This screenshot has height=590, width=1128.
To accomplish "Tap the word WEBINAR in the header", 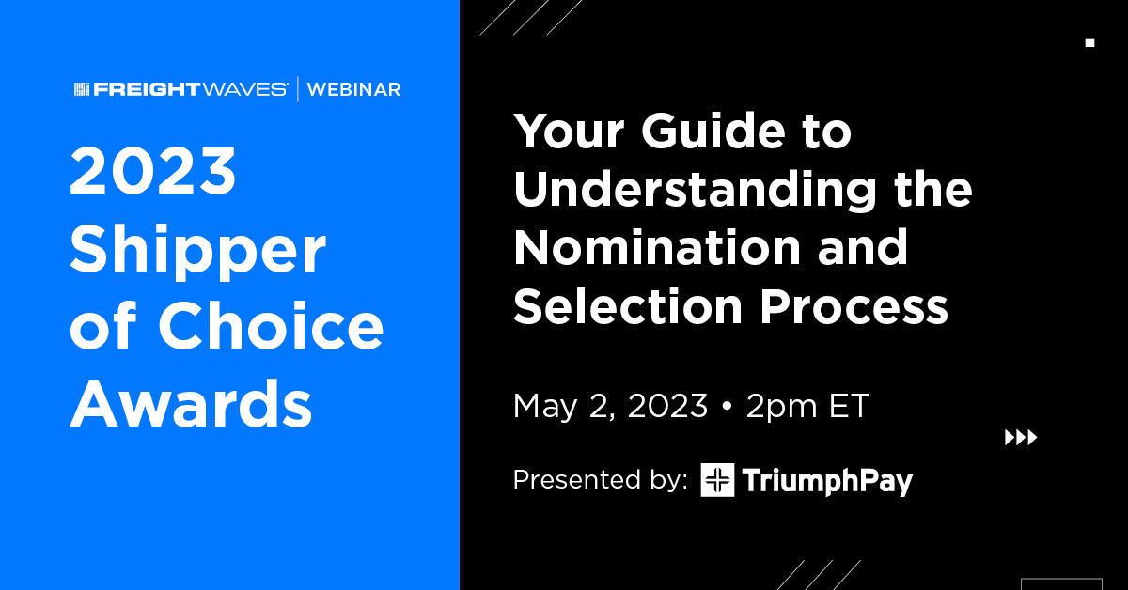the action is [354, 89].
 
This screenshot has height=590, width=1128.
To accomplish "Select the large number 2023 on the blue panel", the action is [152, 171].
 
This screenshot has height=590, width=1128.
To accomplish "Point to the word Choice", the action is [274, 325].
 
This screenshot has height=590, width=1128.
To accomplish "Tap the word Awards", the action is [191, 403].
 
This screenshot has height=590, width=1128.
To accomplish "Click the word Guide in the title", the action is [713, 131].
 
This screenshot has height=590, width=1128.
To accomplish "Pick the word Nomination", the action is [657, 247].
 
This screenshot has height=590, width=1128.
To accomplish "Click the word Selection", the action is [628, 305].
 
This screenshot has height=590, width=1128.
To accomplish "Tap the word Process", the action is [854, 306].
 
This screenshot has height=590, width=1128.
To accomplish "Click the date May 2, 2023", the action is [610, 406].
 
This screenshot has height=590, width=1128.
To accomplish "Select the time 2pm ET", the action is [807, 406].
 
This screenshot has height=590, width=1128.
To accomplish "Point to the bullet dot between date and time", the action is [727, 406].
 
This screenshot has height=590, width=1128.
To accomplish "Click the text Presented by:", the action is [601, 479].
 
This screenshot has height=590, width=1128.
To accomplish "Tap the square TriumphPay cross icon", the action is [717, 480].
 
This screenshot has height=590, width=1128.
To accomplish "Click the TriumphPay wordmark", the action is [827, 481].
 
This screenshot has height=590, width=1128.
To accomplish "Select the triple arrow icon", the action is [1021, 438].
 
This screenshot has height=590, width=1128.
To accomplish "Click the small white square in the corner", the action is [1089, 43].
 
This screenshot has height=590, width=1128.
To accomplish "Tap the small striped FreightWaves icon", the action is [82, 89].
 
